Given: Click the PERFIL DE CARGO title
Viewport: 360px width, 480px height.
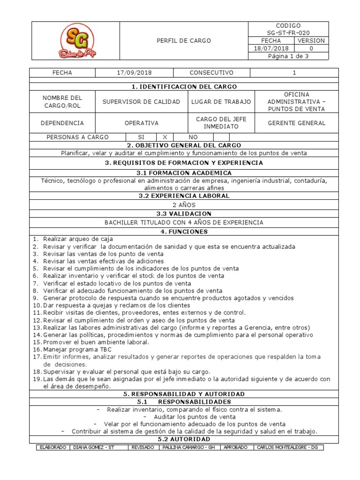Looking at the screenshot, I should [183, 41].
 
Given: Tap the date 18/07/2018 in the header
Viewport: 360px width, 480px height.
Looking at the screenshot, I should [271, 48].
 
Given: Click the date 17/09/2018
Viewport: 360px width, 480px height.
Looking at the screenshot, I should [134, 73].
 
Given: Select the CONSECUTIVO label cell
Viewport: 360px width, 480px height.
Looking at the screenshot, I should [211, 73].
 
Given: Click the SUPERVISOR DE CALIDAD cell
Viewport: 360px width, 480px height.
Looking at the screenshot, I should [141, 102].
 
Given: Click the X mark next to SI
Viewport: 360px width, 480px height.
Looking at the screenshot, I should [165, 137].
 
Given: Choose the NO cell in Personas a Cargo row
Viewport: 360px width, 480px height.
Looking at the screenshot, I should [193, 137].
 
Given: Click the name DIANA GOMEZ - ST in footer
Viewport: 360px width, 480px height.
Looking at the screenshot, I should [94, 447].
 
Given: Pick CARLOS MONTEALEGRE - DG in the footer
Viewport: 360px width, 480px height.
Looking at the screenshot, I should [287, 447].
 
